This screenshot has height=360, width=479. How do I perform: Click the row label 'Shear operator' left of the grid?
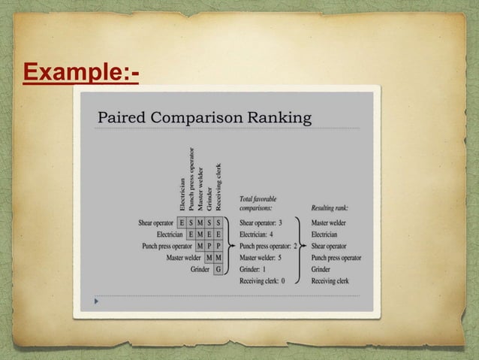(x=155, y=223)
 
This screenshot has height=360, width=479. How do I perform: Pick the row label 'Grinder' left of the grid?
(x=200, y=268)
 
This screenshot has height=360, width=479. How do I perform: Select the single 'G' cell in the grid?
(x=218, y=268)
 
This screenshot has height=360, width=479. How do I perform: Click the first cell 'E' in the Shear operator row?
(x=182, y=223)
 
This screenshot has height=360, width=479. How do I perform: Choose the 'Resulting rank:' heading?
(x=330, y=207)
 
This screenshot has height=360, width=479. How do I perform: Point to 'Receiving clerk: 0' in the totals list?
(x=262, y=280)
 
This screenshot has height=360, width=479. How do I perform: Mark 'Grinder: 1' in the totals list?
(x=252, y=269)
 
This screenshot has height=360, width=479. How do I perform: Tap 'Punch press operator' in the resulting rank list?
(x=336, y=257)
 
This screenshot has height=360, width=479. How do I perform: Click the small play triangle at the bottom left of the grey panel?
(x=95, y=301)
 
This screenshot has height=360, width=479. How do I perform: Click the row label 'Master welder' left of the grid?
(x=188, y=257)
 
